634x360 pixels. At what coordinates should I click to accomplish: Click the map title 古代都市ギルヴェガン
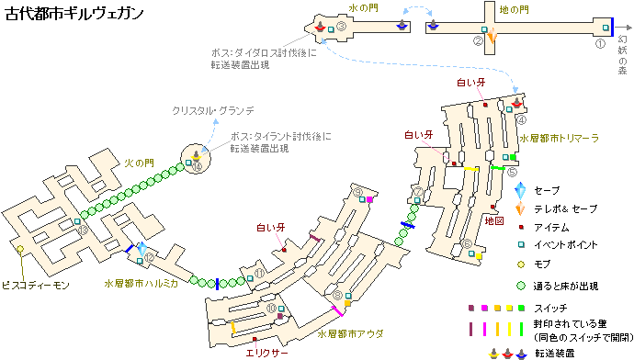coord(74,14)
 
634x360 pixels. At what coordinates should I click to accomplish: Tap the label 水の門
coord(363,8)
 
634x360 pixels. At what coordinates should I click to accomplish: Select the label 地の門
coord(514,10)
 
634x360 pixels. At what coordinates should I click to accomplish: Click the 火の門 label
coord(139,163)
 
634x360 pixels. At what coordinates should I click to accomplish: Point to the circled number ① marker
coord(600,43)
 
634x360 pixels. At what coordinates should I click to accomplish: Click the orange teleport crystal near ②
coord(492,36)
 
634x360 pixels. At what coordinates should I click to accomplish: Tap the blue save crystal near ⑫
coord(142,249)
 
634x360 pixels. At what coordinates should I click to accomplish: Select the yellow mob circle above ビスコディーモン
coord(20,249)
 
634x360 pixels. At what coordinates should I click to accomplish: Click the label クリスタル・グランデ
coord(213,110)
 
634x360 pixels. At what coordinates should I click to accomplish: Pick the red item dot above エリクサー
coord(255,340)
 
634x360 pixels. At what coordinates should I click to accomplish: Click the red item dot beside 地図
coord(492,207)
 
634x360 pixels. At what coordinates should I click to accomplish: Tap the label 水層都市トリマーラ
coord(559,139)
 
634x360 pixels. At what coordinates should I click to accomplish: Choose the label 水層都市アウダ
coord(350,333)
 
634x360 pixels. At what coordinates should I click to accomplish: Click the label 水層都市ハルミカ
coord(142,284)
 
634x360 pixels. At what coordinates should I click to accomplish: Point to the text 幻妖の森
coord(623,55)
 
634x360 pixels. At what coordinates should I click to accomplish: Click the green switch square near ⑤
coord(513,157)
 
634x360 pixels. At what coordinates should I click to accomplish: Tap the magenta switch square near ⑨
coord(369,199)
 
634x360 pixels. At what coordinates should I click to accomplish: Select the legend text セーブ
coord(547,190)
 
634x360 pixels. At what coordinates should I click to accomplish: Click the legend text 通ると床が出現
coord(566,287)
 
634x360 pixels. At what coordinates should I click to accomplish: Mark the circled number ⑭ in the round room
coord(197,166)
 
